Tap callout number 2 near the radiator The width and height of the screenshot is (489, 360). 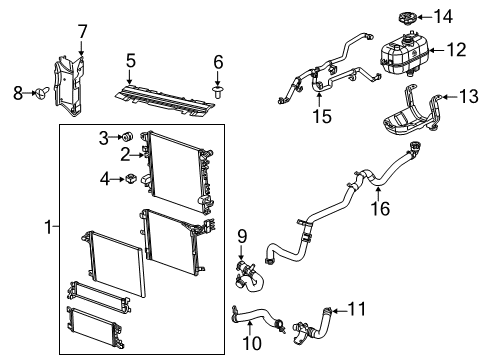pos(126,154)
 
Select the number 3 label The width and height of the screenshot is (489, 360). pos(103,136)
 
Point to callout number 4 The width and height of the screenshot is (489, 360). pos(103,180)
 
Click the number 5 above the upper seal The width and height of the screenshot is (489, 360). pos(130,61)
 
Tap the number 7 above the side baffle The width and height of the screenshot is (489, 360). pos(82,31)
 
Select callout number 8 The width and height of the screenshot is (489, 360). pos(17,94)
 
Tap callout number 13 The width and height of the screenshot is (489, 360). pos(468,96)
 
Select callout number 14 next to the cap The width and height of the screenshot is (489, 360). pos(443,16)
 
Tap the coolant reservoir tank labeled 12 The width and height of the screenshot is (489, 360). pos(407,55)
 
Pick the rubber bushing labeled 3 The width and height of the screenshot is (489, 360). pos(128,136)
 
